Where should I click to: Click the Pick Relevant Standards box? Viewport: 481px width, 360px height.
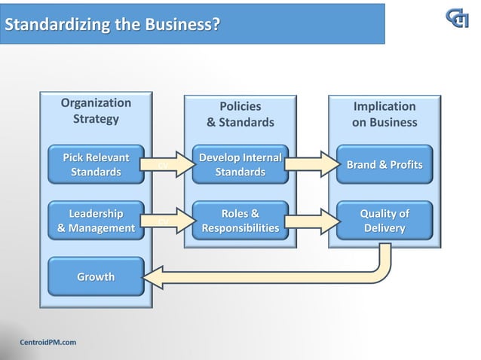coord(96,165)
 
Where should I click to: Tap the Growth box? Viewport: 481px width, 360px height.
coord(96,277)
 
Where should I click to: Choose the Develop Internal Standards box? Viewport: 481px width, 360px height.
coord(240,165)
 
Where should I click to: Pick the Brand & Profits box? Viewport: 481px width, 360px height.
coord(384,165)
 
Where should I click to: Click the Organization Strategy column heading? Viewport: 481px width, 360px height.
coord(96,111)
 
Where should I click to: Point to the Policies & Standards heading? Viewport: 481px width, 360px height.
coord(240,114)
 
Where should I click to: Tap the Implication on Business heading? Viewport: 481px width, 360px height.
coord(384,114)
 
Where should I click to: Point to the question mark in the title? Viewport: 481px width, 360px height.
coord(216,25)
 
